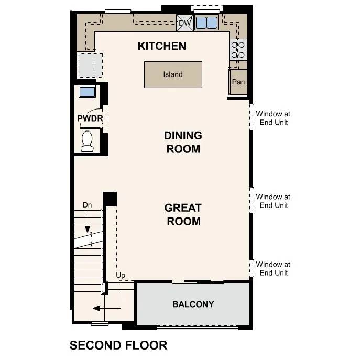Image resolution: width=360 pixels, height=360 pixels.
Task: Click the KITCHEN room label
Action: (x=161, y=46)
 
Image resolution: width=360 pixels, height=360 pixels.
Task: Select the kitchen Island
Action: (x=173, y=74)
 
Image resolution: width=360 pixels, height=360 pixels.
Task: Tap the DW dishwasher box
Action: (x=185, y=23)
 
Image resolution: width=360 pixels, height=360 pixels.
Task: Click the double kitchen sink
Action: (x=206, y=23)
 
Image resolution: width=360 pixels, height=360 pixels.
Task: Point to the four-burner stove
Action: (x=238, y=50)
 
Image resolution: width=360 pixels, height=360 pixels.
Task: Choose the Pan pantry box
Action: (x=238, y=82)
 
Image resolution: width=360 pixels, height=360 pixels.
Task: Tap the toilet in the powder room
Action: (x=87, y=140)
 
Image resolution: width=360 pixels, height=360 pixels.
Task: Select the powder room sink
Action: (x=87, y=92)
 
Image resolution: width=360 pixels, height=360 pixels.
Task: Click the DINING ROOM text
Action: (x=183, y=142)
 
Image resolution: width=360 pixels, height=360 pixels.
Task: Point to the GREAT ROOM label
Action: (x=183, y=214)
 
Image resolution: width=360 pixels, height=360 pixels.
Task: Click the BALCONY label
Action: (x=193, y=304)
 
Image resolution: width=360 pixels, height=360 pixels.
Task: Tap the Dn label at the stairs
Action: (x=87, y=205)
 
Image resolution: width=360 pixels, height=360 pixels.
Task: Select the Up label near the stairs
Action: (x=120, y=275)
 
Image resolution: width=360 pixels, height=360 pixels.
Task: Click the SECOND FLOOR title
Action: (x=118, y=345)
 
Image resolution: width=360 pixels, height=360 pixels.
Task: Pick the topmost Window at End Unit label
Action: (x=273, y=118)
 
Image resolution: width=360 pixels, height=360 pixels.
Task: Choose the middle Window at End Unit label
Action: (x=273, y=201)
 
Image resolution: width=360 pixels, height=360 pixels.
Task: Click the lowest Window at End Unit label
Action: (x=273, y=269)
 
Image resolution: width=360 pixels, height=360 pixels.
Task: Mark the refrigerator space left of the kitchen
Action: (x=88, y=65)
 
